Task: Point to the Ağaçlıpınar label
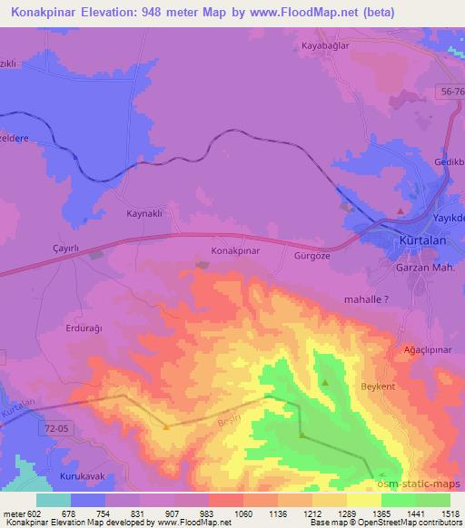[427, 349]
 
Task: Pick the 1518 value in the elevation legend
[445, 513]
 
